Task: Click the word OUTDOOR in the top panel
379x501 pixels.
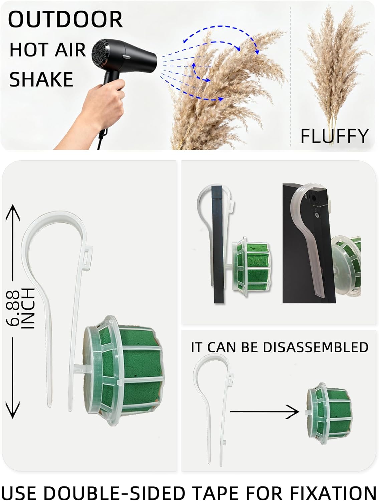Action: click(65, 20)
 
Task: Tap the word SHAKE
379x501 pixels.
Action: click(41, 79)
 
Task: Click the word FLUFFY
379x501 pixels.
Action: click(334, 136)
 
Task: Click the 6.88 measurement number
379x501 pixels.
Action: click(13, 308)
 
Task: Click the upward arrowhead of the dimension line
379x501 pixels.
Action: click(13, 212)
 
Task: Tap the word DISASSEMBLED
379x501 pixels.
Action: click(316, 347)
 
